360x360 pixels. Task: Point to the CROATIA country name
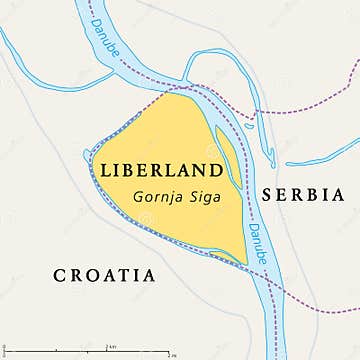point(105,274)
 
